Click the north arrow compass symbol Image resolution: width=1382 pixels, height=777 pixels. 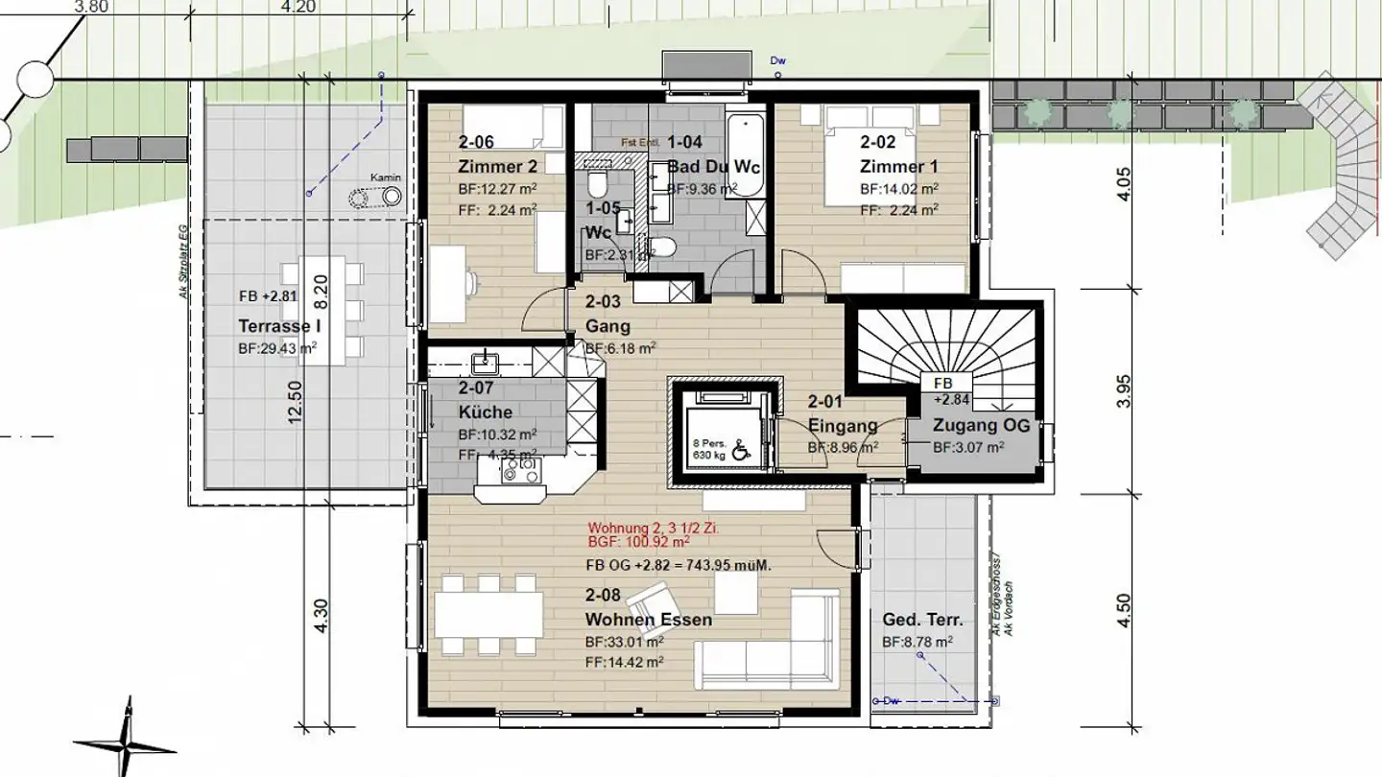123,741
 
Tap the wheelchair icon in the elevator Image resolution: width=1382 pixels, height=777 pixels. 740,449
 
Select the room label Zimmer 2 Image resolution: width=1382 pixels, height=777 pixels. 497,166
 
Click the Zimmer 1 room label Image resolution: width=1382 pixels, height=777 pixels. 898,166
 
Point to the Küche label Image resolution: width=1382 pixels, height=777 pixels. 485,412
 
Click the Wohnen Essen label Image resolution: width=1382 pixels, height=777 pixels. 649,620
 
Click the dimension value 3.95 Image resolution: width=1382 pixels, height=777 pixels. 1125,391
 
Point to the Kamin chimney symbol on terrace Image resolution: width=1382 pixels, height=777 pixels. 377,198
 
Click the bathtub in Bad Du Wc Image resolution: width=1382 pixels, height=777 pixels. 745,153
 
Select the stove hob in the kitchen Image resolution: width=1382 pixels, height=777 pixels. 522,469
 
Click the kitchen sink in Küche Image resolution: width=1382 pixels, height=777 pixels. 486,364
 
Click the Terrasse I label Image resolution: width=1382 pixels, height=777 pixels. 274,326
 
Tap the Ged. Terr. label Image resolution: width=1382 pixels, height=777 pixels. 922,620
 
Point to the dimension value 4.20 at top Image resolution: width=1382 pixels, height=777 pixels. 298,5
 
